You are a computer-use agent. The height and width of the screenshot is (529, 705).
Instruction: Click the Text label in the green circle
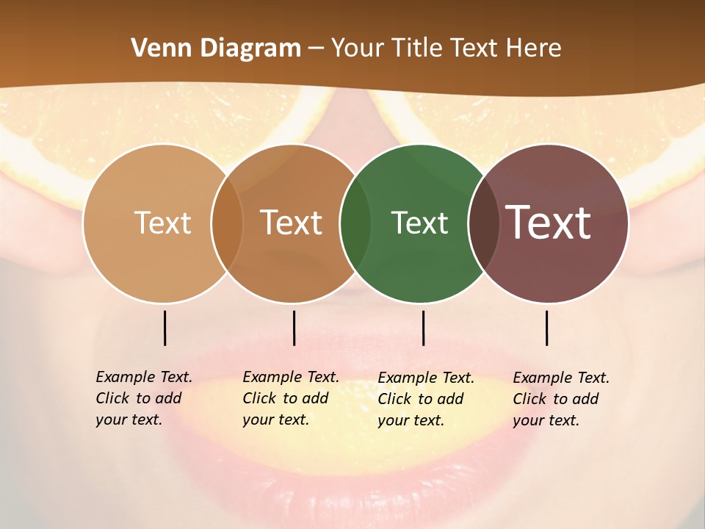point(419,223)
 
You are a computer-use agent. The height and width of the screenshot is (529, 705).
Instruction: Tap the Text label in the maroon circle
point(548,223)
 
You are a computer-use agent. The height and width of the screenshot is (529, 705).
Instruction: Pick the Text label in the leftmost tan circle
point(162,223)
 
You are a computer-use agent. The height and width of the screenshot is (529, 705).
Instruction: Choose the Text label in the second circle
point(291,223)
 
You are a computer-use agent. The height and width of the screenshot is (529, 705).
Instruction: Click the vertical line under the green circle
point(423,328)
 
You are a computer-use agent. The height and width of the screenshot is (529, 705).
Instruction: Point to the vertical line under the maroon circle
point(546,328)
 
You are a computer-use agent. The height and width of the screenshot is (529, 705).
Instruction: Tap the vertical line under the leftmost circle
point(164,328)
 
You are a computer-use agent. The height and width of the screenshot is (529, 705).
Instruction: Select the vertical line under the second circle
point(294,328)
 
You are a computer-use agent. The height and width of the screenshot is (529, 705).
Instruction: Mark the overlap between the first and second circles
point(226,223)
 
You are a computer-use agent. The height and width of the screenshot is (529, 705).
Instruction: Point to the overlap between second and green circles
point(355,223)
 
